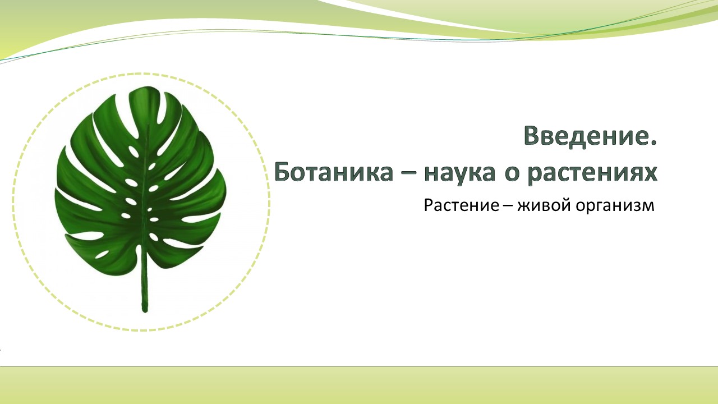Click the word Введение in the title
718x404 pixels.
585,136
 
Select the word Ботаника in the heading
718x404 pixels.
334,172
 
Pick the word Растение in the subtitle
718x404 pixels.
462,205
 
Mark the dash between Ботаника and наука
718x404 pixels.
409,173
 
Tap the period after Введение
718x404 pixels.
654,144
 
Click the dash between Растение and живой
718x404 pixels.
508,206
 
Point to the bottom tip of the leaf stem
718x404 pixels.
145,311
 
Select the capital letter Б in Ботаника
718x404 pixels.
282,172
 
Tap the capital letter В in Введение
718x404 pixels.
532,136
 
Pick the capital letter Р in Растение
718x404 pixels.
429,205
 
